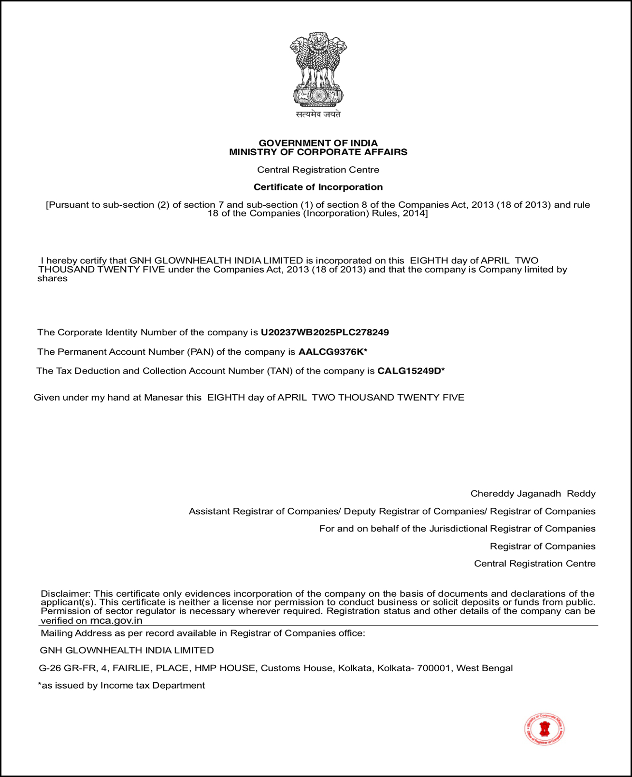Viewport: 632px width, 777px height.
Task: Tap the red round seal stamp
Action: [x=545, y=729]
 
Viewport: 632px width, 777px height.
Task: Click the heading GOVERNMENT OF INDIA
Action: [x=318, y=143]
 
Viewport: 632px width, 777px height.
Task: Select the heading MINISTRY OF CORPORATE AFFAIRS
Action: [x=318, y=152]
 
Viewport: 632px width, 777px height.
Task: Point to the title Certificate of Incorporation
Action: [x=318, y=187]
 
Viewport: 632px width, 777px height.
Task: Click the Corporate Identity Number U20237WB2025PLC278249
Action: [x=325, y=332]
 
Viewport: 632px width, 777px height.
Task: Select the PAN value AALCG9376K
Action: [x=331, y=352]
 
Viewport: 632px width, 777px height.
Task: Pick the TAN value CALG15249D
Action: [x=409, y=371]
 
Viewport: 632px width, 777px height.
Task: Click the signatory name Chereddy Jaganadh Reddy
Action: [x=532, y=494]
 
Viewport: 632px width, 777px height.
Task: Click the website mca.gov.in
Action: [x=116, y=621]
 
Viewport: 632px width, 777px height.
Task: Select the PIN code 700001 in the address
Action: [x=434, y=668]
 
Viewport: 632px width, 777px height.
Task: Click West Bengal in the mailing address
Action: [x=484, y=668]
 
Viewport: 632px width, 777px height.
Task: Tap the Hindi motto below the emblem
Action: [x=318, y=115]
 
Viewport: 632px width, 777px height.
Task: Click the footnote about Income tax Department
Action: [x=122, y=686]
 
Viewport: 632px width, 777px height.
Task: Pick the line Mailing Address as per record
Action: [x=203, y=633]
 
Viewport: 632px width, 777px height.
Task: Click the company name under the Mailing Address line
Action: [x=127, y=650]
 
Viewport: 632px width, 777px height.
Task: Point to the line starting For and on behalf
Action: [x=457, y=529]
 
